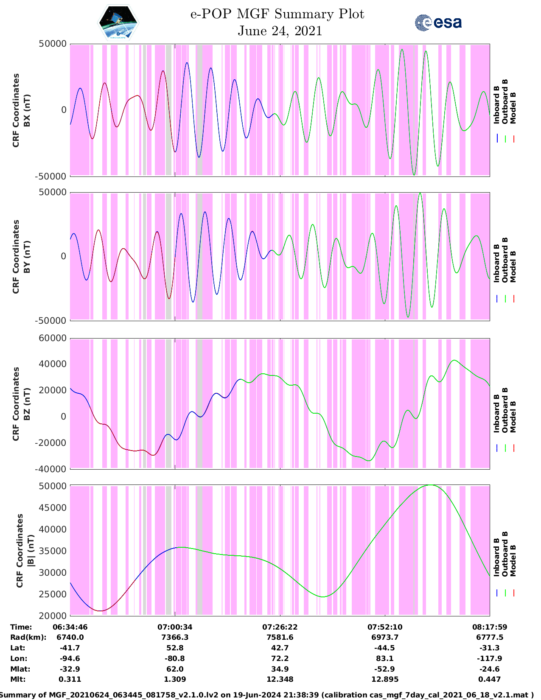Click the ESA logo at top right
click(438, 22)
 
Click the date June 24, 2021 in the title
click(280, 31)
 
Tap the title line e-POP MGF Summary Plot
click(277, 14)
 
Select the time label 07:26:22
click(280, 627)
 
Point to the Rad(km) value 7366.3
click(175, 637)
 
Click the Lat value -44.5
click(384, 648)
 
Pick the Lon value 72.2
click(280, 658)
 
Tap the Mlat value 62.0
click(175, 669)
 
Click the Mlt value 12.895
click(384, 679)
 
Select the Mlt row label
click(18, 679)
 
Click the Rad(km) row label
click(28, 637)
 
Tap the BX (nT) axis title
click(27, 110)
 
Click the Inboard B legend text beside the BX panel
click(496, 105)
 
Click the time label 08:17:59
click(489, 627)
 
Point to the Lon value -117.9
click(489, 658)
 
